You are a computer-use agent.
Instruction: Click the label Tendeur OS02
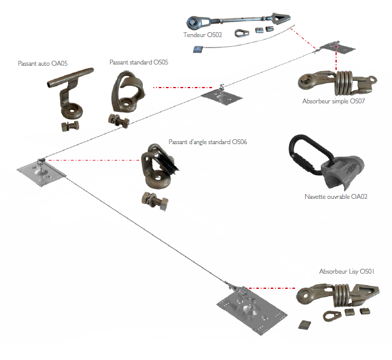point(203,35)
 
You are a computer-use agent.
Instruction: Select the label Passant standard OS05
point(139,62)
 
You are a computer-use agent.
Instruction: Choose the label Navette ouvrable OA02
point(336,196)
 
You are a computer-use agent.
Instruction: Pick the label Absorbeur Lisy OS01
point(347,271)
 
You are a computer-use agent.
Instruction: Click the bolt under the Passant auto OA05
point(69,127)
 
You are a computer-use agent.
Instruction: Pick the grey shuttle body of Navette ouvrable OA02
point(344,171)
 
